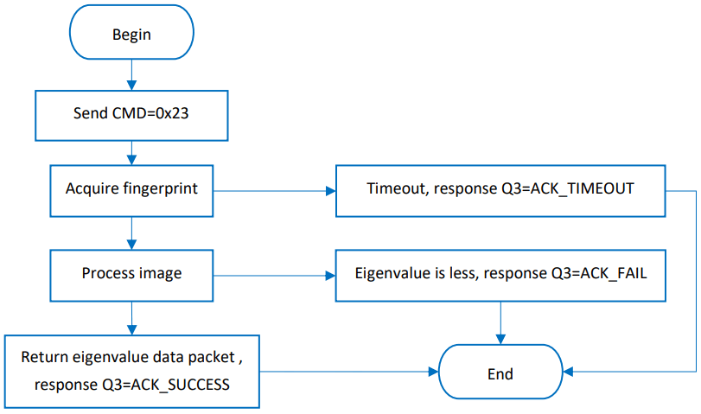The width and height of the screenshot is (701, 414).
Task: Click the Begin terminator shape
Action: (x=131, y=35)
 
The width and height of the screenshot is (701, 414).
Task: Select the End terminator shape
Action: (x=500, y=374)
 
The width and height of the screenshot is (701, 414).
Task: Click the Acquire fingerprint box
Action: (x=131, y=188)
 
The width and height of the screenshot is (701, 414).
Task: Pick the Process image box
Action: (x=131, y=273)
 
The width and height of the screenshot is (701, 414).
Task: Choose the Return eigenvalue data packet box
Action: (x=131, y=371)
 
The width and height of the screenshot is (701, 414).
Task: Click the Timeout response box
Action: (x=500, y=188)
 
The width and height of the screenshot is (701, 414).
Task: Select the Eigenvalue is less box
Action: (x=500, y=274)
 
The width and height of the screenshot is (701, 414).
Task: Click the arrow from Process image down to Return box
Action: (x=131, y=316)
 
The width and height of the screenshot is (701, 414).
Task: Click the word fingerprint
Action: (x=161, y=188)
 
